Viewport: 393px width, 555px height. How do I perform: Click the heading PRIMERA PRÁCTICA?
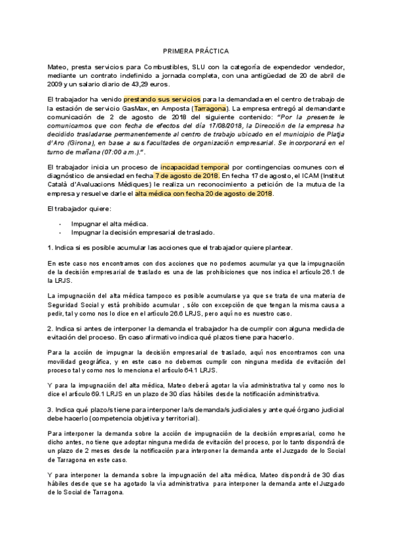click(196, 50)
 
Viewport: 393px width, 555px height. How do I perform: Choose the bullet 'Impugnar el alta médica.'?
click(105, 223)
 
